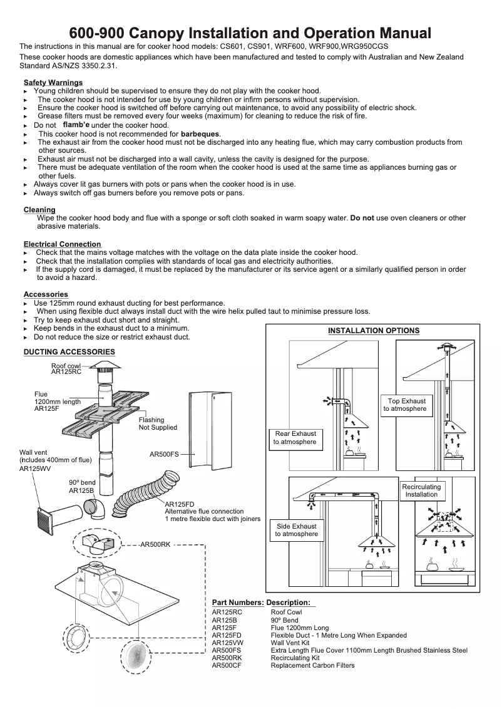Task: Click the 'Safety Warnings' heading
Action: (53, 83)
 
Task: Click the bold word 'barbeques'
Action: (200, 134)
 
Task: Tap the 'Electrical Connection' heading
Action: (62, 244)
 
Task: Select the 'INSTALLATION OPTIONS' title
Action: (374, 331)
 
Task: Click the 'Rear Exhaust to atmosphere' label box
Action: (295, 438)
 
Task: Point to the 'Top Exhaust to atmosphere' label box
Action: (406, 405)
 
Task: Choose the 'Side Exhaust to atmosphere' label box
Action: (295, 530)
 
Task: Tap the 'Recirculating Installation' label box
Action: (421, 490)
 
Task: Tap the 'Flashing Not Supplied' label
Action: (158, 423)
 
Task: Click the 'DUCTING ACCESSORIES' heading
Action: (69, 352)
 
